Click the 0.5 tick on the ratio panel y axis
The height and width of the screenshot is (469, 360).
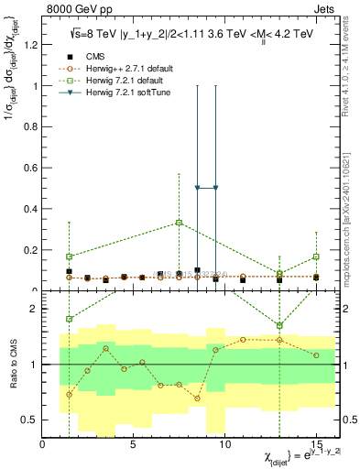click(x=29, y=420)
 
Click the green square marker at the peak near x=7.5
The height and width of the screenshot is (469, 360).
click(x=179, y=223)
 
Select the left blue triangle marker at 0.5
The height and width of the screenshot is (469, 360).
click(x=197, y=188)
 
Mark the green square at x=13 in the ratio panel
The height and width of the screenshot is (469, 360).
click(x=279, y=325)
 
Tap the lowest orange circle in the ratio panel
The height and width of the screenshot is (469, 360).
click(x=69, y=395)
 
